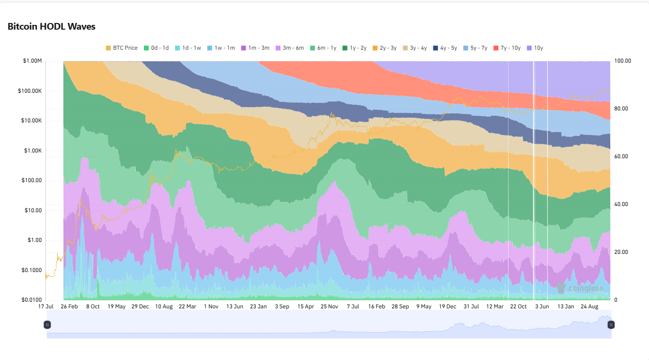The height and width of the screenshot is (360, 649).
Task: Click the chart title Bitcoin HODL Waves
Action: coord(52,27)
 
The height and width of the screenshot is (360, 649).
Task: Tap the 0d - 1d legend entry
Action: coord(156,48)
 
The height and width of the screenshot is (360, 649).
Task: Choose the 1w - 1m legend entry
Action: coord(221,48)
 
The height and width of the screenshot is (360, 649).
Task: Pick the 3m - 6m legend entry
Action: coord(289,48)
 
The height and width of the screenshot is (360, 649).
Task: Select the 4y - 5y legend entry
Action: coord(444,48)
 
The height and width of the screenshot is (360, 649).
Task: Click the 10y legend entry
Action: coord(535,48)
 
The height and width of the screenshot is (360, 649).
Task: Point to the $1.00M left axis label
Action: coord(32,61)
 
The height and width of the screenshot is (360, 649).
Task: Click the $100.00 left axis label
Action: coord(32,181)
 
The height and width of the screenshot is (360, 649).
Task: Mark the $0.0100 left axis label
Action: coord(32,300)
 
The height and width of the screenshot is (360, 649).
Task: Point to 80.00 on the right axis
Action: coord(621,109)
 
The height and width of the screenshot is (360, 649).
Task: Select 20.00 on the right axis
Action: coord(621,252)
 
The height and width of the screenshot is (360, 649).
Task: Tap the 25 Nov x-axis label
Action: coord(329,306)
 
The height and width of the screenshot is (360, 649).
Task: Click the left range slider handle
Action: coord(47,325)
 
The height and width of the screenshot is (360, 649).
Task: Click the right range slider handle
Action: coord(611,325)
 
